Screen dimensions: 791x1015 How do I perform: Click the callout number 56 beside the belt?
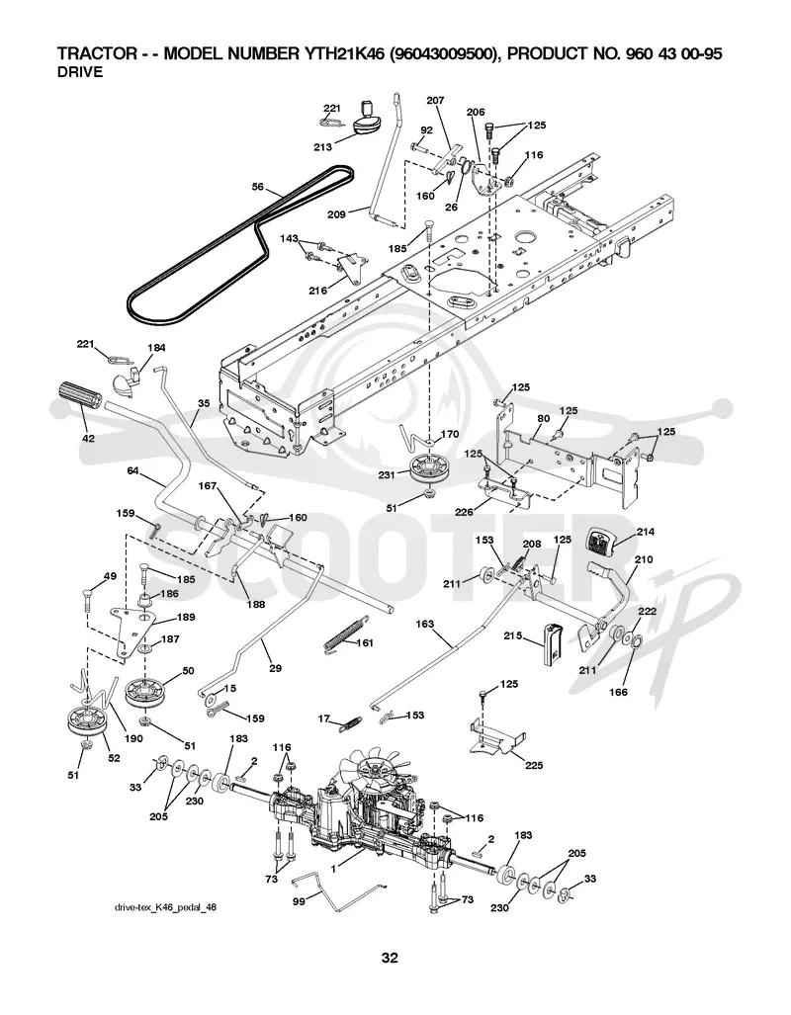(x=258, y=187)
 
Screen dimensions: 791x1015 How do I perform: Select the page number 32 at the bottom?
(x=390, y=958)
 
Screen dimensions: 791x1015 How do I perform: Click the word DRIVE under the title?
(x=80, y=72)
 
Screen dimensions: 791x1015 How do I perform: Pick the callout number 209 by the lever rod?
(x=336, y=213)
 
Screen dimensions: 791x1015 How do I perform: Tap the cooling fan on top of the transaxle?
(x=373, y=768)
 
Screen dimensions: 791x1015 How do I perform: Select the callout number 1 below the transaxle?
(x=333, y=870)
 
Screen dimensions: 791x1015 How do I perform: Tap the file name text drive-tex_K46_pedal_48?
(x=165, y=907)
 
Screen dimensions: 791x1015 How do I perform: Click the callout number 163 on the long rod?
(x=424, y=625)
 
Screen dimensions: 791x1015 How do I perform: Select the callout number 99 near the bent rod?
(x=299, y=901)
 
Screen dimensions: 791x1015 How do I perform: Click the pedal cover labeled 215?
(x=552, y=643)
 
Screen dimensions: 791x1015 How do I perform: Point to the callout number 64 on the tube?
(x=132, y=470)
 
